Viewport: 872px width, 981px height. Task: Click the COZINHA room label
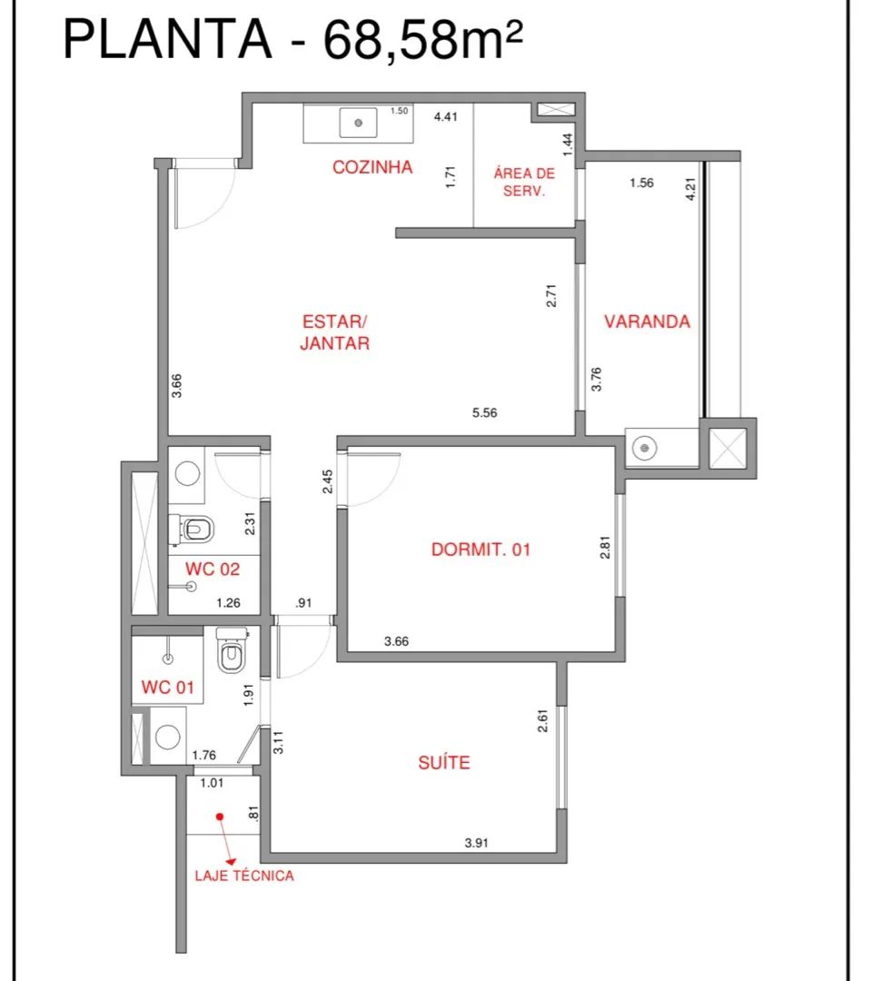pos(372,167)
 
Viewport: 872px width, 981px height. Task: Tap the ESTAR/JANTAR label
pos(334,332)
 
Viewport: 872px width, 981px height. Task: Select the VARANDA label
pos(647,322)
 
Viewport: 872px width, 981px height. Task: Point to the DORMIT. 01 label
pos(481,550)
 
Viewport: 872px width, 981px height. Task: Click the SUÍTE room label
pos(444,762)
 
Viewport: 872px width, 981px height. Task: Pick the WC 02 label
pos(213,569)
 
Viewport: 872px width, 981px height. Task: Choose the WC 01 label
pos(168,687)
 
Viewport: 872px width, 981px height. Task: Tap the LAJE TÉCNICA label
pos(244,876)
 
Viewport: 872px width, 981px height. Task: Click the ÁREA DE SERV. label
pos(524,182)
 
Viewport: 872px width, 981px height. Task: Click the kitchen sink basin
pos(359,123)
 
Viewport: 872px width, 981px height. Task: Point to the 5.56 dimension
pos(485,413)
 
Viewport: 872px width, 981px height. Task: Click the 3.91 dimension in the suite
pos(476,843)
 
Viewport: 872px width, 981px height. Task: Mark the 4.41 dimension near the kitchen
pos(446,116)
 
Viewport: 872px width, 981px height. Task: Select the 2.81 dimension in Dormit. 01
pos(605,548)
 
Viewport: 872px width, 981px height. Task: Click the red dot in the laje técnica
pos(220,817)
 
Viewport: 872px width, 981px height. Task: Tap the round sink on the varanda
pos(644,448)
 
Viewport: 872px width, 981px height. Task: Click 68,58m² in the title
pos(423,41)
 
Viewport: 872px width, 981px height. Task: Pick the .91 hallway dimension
pos(303,603)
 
